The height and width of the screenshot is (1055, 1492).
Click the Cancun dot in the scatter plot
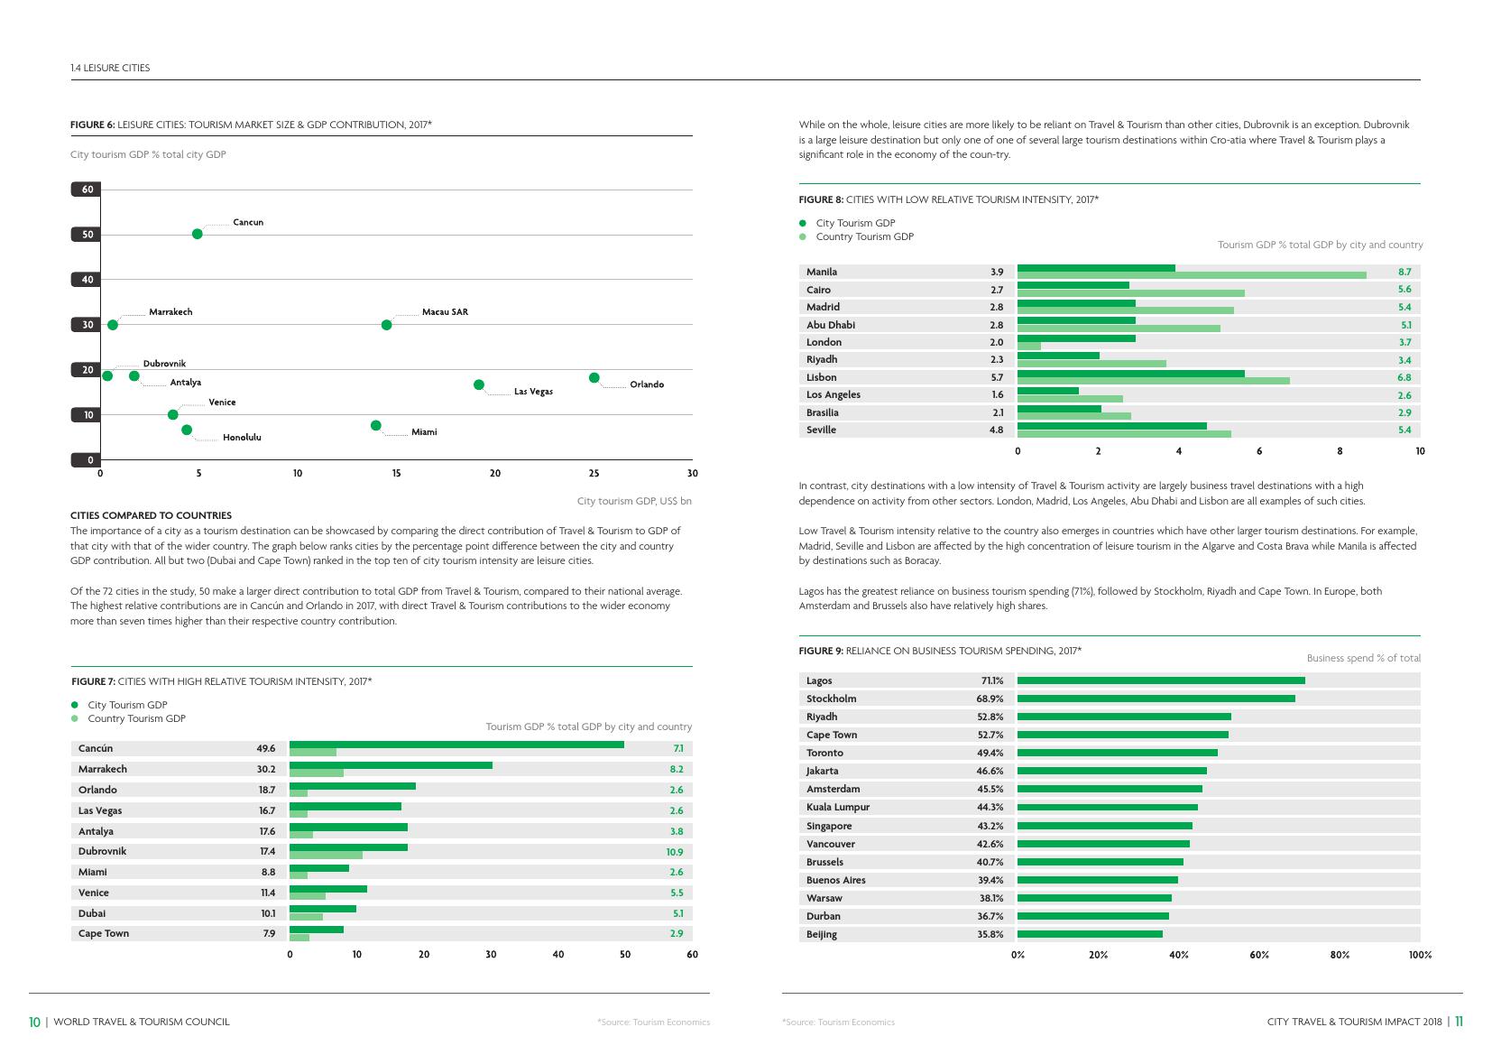198,234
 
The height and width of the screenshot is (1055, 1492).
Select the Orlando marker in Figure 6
594,377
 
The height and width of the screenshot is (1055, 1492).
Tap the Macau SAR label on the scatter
445,312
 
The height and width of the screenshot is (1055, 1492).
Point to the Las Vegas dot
479,384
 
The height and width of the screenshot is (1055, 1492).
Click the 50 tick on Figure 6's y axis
87,235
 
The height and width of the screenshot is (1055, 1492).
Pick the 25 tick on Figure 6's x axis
594,473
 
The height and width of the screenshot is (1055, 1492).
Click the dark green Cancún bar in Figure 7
456,745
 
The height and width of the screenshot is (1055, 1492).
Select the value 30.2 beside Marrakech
266,769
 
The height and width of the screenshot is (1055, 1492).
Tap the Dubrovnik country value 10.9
674,852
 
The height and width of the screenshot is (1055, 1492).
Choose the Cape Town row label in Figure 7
104,933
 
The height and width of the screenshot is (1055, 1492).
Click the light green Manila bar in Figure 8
1191,275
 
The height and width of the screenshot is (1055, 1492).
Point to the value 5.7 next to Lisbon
996,377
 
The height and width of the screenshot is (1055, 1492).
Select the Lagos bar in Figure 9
1160,680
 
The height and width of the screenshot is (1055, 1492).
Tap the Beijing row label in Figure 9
822,934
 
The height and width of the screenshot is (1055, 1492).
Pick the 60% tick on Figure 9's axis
1259,954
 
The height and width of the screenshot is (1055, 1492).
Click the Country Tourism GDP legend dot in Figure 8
802,237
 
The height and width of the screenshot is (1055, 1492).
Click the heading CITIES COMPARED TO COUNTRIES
151,515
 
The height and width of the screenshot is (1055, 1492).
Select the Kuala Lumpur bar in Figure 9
1107,807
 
